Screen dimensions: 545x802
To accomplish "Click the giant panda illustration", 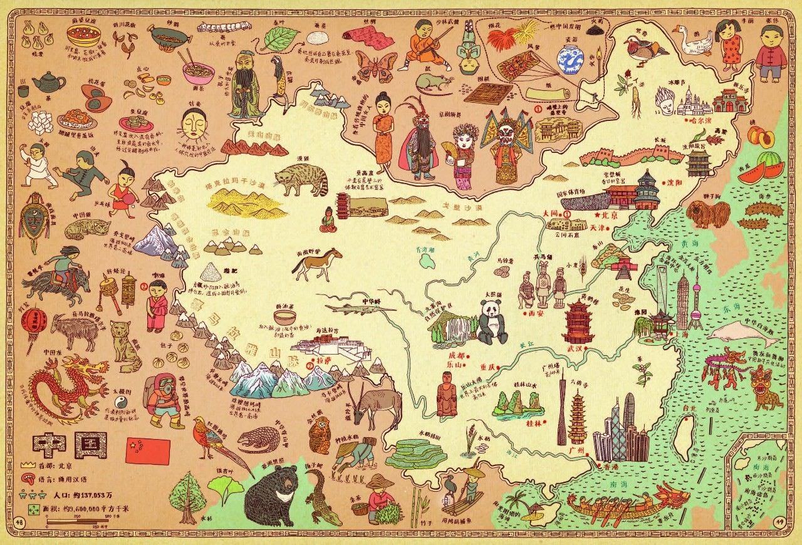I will pos(492,321).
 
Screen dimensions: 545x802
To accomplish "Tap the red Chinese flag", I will pos(148,449).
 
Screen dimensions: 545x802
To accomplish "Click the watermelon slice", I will pos(761,171).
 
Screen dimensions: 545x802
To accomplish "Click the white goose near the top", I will pos(692,41).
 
